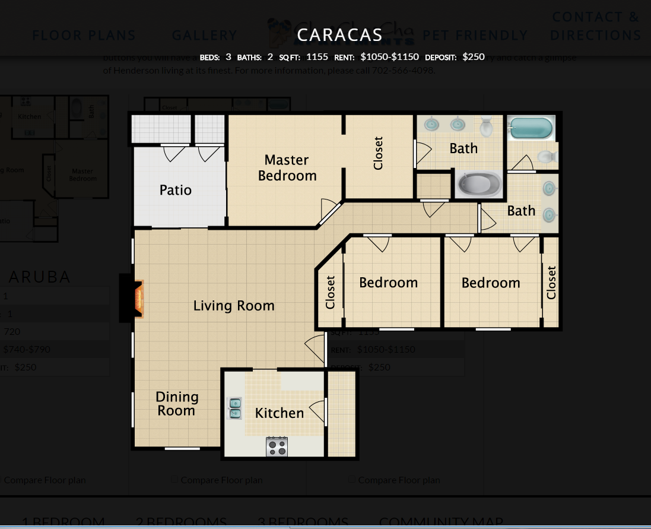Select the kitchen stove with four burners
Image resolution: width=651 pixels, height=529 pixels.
point(277,446)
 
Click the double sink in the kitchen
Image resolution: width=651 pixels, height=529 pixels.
point(235,408)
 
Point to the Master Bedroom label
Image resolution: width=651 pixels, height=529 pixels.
point(287,168)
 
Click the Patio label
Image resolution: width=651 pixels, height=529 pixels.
point(176,190)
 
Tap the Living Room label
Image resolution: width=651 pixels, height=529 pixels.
point(234,306)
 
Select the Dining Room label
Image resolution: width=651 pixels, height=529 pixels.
point(177,404)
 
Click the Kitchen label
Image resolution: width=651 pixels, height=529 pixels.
point(280,413)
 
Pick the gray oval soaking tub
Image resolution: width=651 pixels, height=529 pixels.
point(478,185)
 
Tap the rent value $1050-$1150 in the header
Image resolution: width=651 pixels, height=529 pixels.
point(389,57)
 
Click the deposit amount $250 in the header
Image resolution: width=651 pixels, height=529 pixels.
point(474,57)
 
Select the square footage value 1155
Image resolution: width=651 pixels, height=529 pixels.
point(317,57)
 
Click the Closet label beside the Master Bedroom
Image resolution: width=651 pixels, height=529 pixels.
point(379,153)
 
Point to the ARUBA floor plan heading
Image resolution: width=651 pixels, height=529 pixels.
point(40,277)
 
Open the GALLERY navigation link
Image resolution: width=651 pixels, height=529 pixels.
point(204,36)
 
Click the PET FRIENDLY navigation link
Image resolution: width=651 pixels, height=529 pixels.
point(475,36)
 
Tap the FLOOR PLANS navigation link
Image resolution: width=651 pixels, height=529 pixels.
point(84,36)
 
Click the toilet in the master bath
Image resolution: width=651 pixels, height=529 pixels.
point(487,126)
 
